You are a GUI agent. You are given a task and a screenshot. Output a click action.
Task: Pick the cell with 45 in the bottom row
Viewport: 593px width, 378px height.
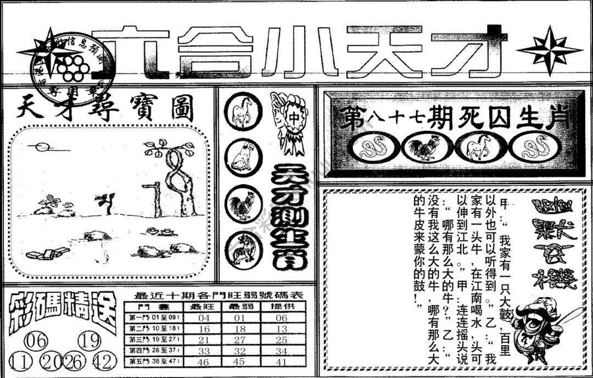click(x=237, y=362)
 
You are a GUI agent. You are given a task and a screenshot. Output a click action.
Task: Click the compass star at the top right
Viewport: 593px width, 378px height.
click(x=549, y=51)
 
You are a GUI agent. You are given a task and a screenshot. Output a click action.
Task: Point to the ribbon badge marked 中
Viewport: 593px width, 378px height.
click(x=290, y=121)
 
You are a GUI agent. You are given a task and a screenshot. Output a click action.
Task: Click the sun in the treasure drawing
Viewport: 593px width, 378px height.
click(x=41, y=147)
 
